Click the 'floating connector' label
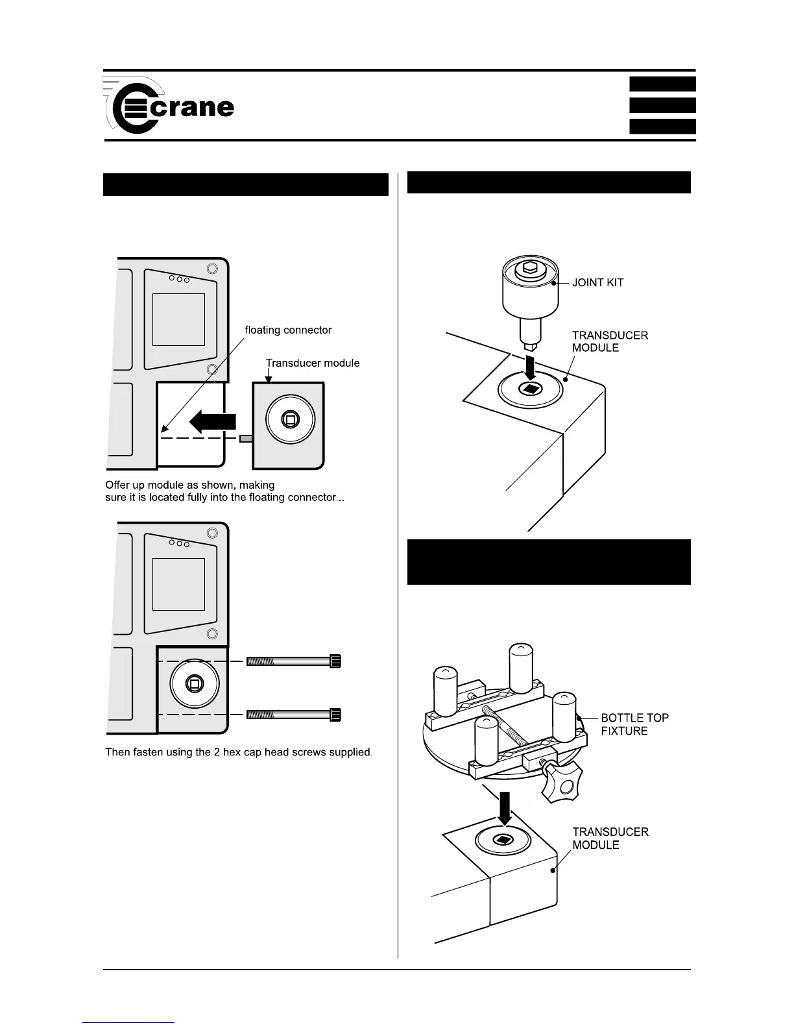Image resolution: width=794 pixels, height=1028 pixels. pos(288,330)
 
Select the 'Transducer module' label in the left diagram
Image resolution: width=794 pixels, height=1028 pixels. pos(313,363)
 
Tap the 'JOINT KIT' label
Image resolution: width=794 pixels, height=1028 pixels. pos(597,283)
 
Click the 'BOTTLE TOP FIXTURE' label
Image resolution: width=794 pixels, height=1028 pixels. pos(634,724)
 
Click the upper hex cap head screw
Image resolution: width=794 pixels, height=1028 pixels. pos(293,661)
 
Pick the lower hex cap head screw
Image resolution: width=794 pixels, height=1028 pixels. pos(293,715)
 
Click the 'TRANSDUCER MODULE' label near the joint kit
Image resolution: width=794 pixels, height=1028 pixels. pos(609,341)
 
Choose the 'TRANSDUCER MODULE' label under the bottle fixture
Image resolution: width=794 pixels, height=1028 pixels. pos(610,838)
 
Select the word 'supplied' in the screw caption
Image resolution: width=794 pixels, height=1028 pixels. pos(351,752)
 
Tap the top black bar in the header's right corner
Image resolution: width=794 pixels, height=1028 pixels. pos(662,84)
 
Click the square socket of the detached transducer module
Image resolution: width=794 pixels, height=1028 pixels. pos(290,420)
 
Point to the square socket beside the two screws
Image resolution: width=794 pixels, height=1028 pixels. pos(194,683)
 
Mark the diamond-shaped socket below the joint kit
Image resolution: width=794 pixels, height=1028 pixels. pos(530,389)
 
